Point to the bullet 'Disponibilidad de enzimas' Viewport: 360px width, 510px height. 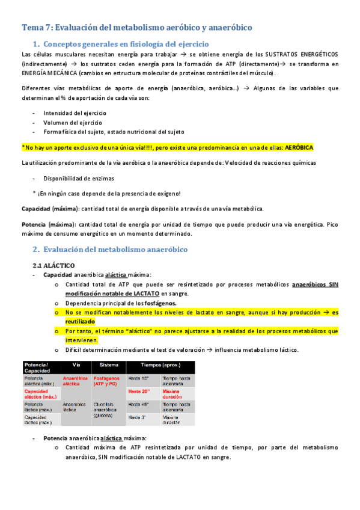(x=79, y=178)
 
